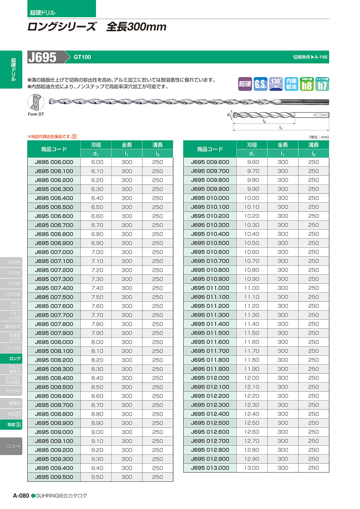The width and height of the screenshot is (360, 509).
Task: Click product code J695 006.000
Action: coord(54,162)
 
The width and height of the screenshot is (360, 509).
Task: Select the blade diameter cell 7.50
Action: coord(97,297)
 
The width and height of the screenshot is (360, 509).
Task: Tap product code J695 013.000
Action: coord(210,468)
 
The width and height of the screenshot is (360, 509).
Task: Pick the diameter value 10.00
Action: coord(252,198)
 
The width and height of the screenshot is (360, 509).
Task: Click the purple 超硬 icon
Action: coord(245,84)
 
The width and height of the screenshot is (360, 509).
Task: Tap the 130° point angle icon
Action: coord(276,84)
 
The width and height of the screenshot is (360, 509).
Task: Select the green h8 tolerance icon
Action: coord(307,84)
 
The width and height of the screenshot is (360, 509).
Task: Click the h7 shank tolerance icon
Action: coord(322,84)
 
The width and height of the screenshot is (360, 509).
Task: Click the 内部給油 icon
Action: coord(292,84)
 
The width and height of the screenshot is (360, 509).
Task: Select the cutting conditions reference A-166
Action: coord(310,57)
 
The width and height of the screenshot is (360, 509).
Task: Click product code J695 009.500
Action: coord(54,477)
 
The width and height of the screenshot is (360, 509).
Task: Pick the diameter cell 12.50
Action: coord(252,423)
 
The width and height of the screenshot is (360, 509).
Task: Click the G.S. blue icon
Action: coord(260,84)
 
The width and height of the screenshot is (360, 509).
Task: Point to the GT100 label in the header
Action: coord(82,57)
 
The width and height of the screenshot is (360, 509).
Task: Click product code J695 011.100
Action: coord(210,297)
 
